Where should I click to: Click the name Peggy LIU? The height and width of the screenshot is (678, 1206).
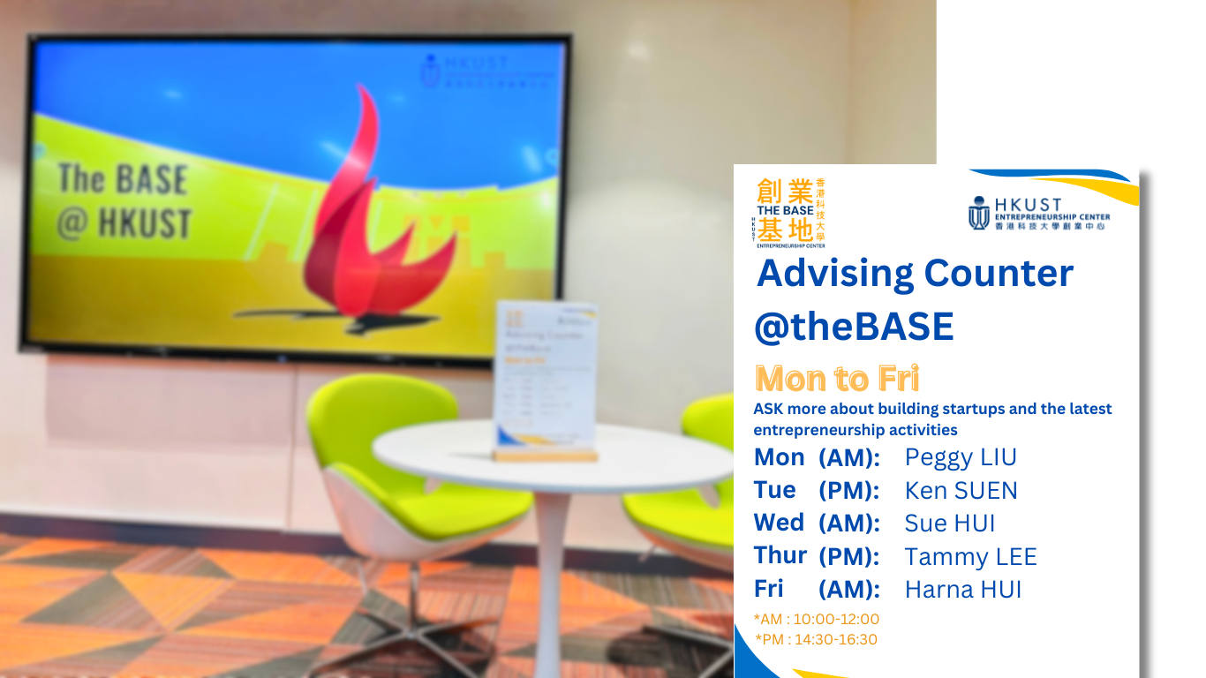click(961, 457)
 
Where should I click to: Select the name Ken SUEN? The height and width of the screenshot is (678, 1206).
click(961, 490)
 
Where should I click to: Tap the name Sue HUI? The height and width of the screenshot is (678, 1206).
click(950, 524)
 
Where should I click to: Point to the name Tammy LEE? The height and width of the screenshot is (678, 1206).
click(970, 557)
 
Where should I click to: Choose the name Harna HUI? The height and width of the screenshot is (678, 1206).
click(962, 590)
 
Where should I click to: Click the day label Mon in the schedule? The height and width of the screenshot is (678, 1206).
click(779, 457)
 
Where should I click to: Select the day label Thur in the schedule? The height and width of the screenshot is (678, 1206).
click(780, 556)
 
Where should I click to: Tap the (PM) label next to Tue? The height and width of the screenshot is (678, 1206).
click(849, 490)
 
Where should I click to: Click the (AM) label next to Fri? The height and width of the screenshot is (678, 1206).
click(849, 590)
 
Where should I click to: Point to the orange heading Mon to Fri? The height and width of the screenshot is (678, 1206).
click(837, 379)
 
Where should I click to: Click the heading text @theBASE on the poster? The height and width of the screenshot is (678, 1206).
click(854, 328)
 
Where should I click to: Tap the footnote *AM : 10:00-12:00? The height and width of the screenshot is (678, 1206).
click(817, 619)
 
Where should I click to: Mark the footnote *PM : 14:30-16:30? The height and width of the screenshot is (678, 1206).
click(817, 639)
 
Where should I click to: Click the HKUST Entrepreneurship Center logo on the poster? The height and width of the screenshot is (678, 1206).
click(1039, 214)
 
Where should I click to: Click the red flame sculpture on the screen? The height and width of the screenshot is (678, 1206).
click(371, 221)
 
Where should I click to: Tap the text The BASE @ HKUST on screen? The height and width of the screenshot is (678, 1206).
click(124, 201)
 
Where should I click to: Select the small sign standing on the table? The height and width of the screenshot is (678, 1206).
click(546, 380)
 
